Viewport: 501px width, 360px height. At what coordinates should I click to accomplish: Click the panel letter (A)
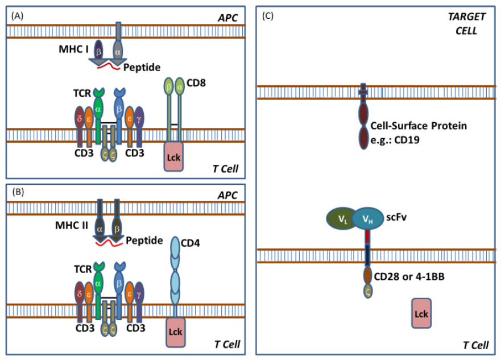17,16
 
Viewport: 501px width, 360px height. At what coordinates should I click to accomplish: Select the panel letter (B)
17,193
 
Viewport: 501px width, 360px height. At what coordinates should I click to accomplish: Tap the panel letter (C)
268,16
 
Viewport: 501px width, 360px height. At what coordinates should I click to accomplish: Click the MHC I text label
73,49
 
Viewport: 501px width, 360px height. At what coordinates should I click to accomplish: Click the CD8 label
196,84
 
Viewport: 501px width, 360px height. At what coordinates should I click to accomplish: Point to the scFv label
399,218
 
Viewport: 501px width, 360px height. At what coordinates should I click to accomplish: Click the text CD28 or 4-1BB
413,276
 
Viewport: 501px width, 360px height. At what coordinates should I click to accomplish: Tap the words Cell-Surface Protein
419,126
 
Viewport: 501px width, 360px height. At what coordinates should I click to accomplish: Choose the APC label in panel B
228,193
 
